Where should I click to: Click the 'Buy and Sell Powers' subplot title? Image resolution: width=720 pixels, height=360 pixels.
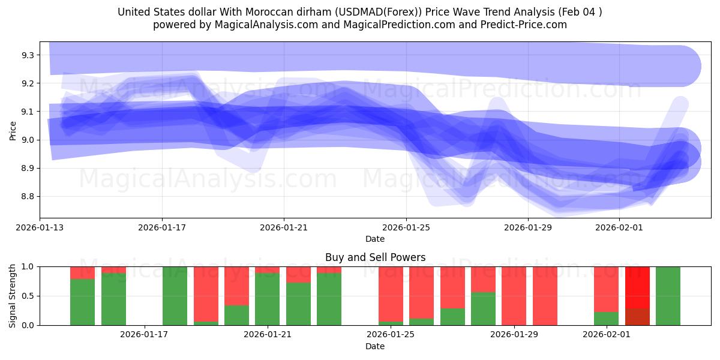pyautogui.click(x=375, y=258)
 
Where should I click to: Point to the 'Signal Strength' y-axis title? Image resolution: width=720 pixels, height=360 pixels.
pyautogui.click(x=13, y=296)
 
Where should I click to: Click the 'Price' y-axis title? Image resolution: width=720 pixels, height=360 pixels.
pyautogui.click(x=13, y=130)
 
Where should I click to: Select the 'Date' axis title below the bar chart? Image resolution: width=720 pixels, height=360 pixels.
pyautogui.click(x=375, y=346)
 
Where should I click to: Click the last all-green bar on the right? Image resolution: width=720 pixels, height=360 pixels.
pyautogui.click(x=668, y=296)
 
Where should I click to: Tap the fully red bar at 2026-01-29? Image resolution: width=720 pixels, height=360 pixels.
pyautogui.click(x=514, y=296)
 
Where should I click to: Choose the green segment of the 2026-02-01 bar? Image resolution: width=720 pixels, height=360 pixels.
pyautogui.click(x=606, y=319)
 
